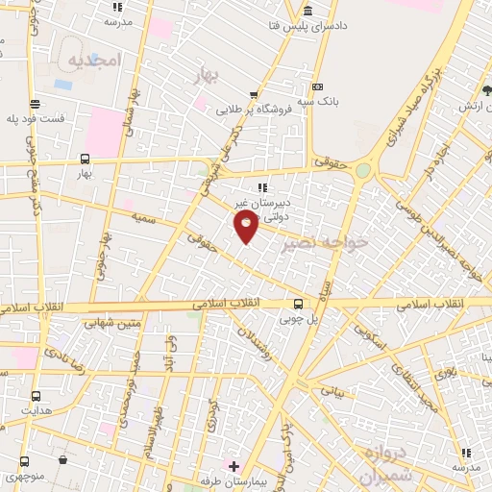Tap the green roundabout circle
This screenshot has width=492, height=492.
[x=363, y=171]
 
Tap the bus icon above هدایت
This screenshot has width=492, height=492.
[x=37, y=395]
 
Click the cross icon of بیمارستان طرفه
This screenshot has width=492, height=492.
[x=233, y=466]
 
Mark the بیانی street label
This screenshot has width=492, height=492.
[x=331, y=393]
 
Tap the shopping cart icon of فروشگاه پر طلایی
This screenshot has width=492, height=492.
[x=254, y=95]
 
